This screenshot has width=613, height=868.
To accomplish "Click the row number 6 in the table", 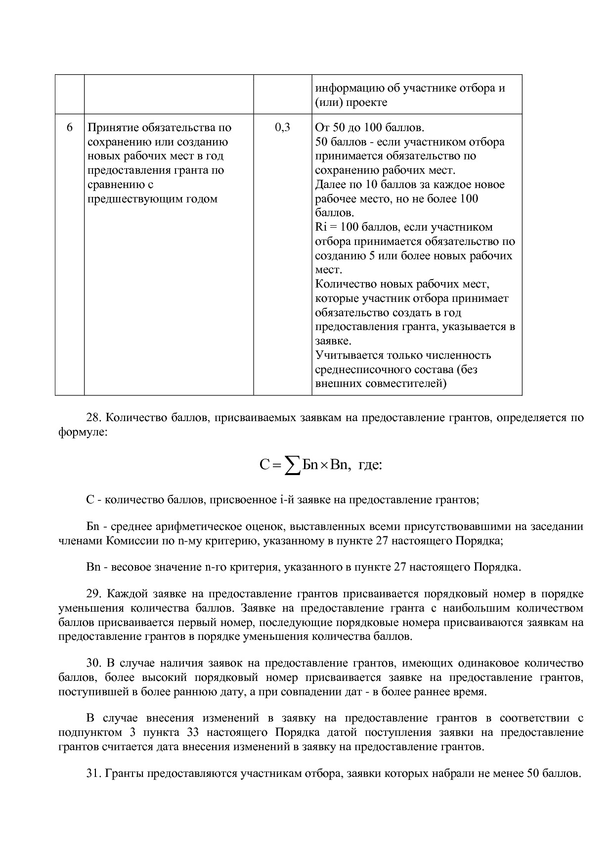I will (69, 128).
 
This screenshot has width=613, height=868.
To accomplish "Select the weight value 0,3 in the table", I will (282, 128).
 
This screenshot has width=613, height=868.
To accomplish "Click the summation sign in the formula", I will (292, 466).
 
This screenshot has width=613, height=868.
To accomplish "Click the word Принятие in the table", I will (113, 128).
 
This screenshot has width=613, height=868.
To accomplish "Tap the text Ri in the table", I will (320, 227).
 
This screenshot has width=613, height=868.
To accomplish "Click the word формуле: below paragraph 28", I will (83, 432).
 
